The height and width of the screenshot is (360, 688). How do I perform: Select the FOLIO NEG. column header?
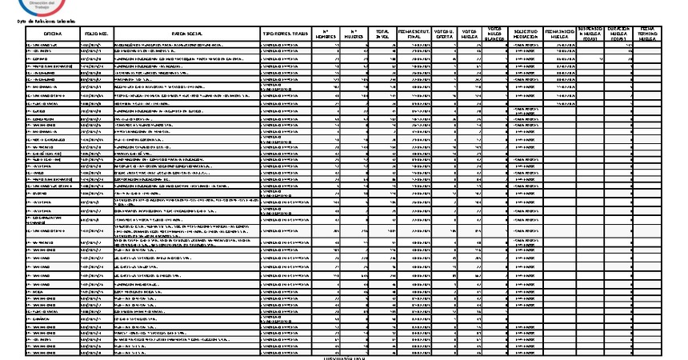(95, 34)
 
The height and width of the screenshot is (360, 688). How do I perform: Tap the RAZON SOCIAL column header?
(186, 34)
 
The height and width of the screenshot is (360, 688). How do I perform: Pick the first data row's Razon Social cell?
(186, 46)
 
